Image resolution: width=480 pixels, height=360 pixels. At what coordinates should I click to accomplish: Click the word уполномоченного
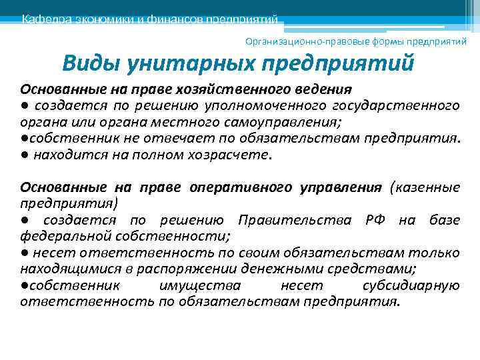pos(271,105)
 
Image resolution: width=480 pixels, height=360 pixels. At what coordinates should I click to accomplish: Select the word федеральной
pos(61,236)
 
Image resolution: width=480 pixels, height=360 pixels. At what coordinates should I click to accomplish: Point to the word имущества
pos(200,285)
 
